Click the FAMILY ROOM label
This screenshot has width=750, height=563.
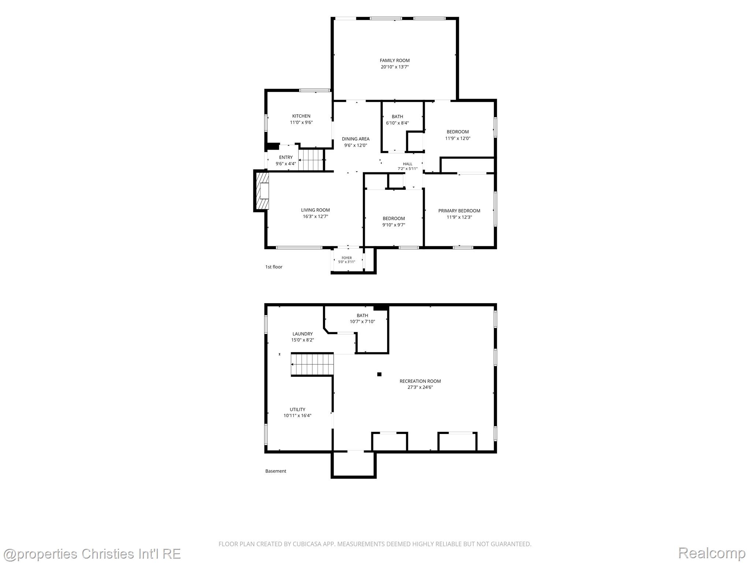pos(394,60)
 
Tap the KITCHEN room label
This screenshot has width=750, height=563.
pos(301,116)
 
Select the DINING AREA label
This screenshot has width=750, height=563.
pos(356,139)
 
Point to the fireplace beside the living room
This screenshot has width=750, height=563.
pos(261,191)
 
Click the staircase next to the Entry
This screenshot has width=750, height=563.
pos(311,160)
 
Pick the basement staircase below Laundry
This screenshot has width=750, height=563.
pos(312,364)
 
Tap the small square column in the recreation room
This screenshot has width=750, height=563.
pos(379,374)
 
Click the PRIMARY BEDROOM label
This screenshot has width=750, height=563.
pos(459,211)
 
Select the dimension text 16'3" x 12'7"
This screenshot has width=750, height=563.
pos(315,216)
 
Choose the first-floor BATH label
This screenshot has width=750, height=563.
pos(397,117)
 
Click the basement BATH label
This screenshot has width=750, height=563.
pos(363,316)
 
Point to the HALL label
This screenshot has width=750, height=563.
pos(408,164)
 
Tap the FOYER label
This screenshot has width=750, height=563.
pos(346,258)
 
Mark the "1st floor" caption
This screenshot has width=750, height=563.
pos(274,267)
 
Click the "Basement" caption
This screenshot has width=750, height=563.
pos(276,471)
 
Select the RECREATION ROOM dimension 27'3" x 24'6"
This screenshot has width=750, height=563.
pos(420,387)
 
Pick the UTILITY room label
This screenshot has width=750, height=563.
pos(297,409)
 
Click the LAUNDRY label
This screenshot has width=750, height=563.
pos(302,334)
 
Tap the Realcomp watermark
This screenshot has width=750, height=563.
pos(712,553)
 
